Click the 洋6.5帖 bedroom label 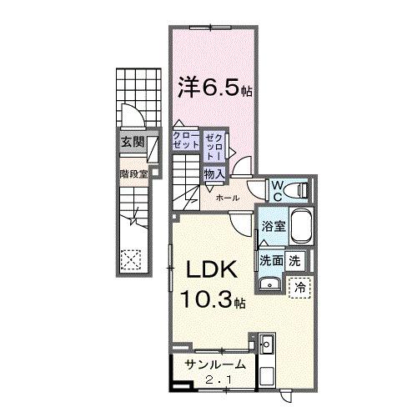(215, 87)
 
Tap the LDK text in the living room (212, 269)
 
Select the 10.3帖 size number (213, 299)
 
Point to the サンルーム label (215, 364)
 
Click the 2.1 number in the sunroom (219, 379)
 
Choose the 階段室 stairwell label (133, 174)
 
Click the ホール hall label (228, 198)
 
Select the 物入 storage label (214, 174)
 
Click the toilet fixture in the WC (301, 190)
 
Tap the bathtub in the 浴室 (300, 227)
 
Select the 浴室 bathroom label (274, 227)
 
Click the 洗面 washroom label (271, 261)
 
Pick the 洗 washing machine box (294, 261)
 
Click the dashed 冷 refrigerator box (299, 288)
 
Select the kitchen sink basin (267, 344)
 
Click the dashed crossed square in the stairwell (131, 259)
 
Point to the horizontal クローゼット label (186, 140)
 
